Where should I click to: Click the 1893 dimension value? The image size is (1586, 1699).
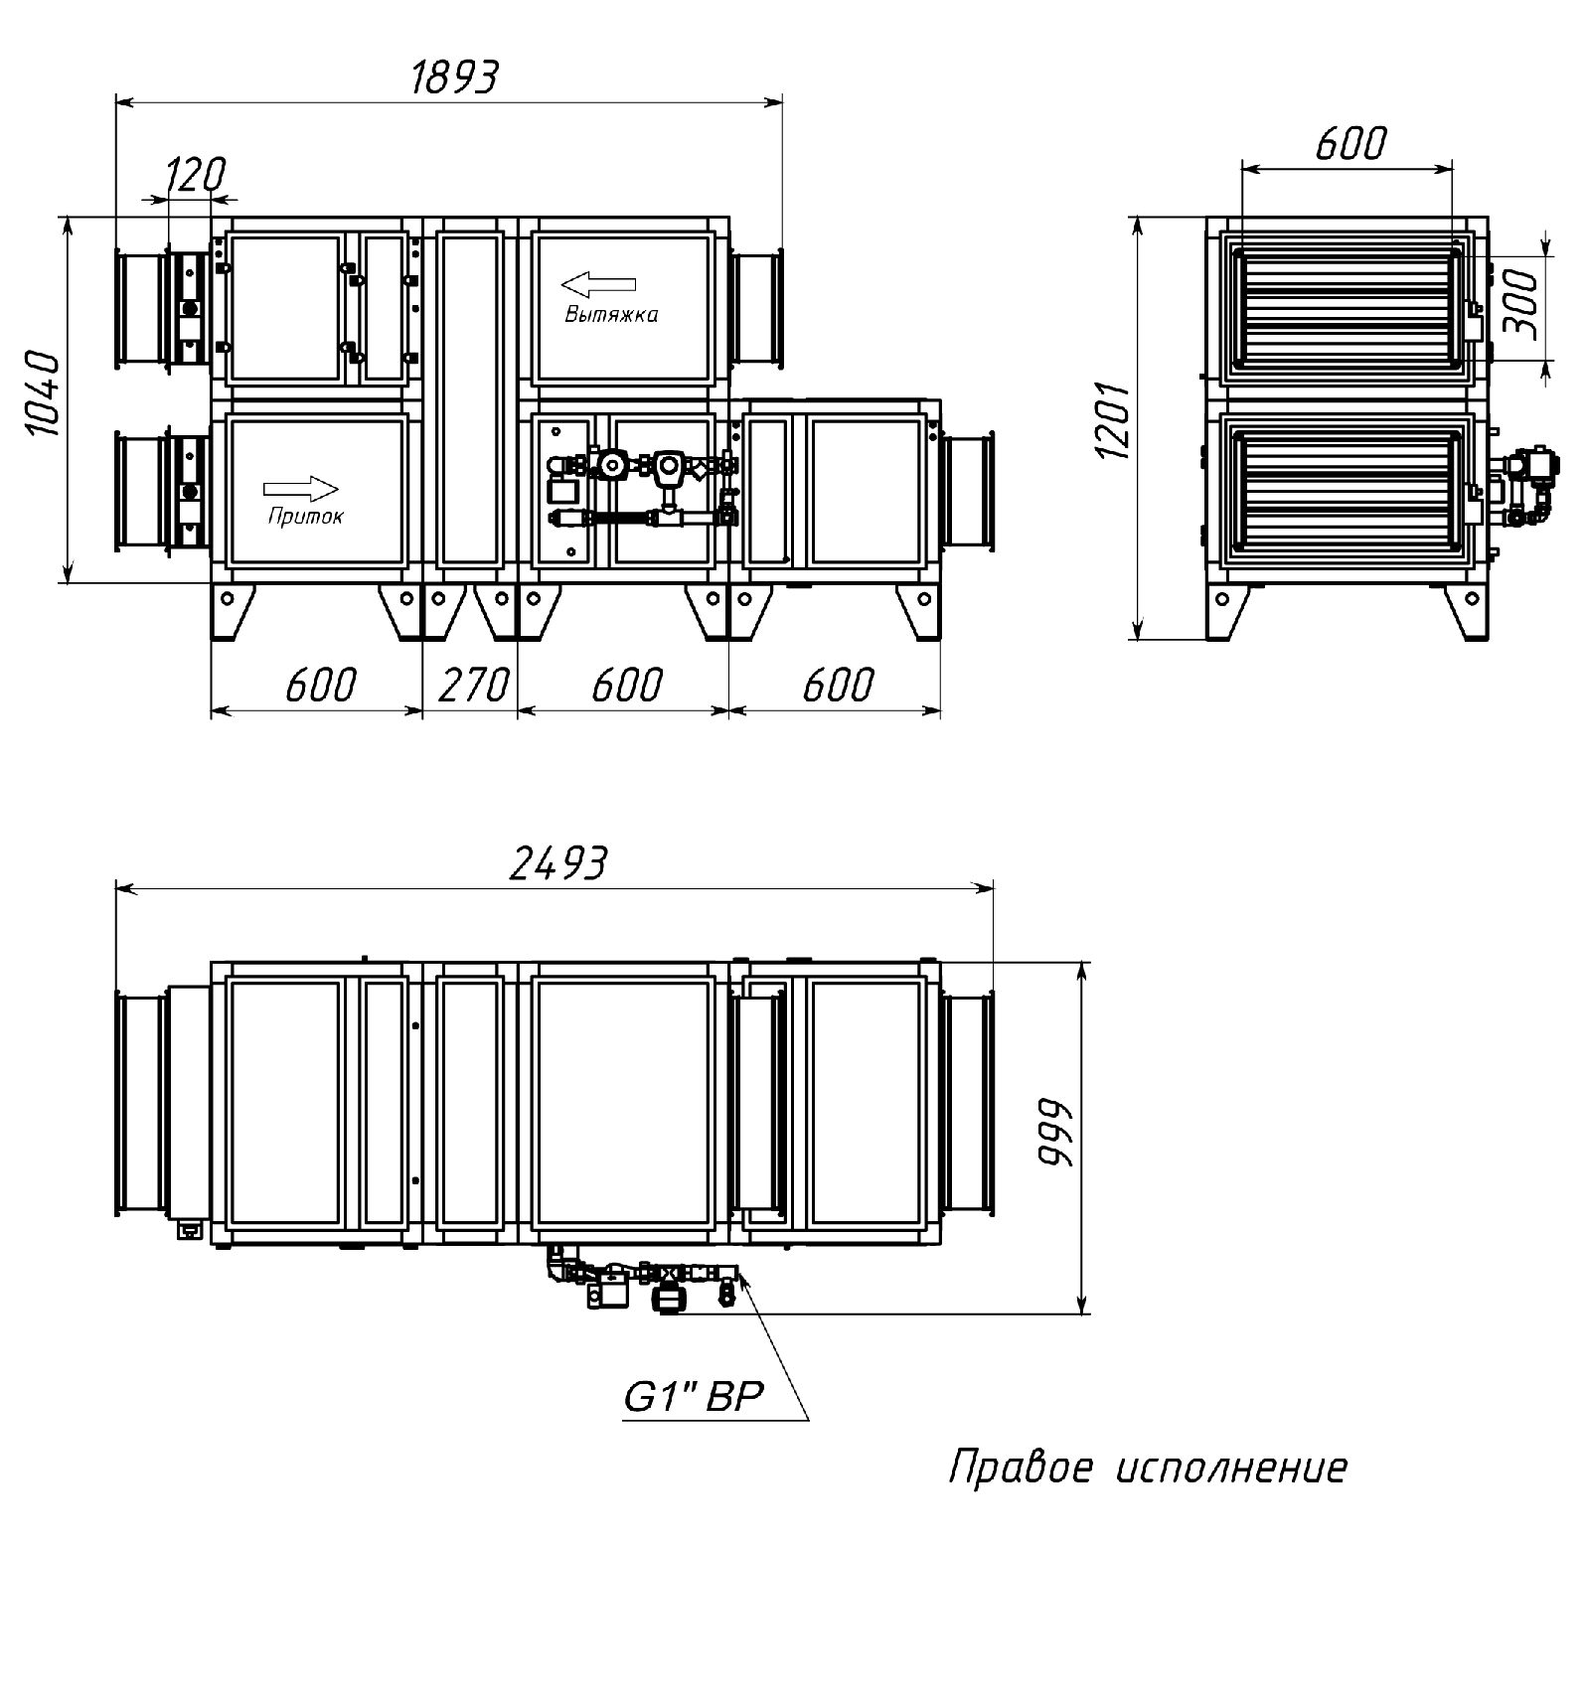coord(454,77)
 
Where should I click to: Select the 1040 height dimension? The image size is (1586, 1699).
coord(45,392)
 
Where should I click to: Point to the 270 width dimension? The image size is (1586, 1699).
coord(473,686)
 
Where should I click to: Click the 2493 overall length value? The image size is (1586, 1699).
coord(557,863)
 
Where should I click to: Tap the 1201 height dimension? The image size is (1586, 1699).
coord(1114,420)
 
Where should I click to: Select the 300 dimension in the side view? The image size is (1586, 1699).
coord(1521,305)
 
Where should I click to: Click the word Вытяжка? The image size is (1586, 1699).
coord(611,315)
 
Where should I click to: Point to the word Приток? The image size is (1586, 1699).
coord(305,517)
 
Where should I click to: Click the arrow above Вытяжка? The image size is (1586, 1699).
coord(598,285)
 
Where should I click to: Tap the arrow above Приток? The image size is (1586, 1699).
coord(301,489)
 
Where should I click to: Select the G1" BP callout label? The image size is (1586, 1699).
coord(693,1398)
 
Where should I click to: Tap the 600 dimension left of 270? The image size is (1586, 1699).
coord(320,686)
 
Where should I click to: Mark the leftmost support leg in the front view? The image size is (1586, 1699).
coord(233,611)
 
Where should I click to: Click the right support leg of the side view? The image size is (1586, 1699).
coord(1466,611)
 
